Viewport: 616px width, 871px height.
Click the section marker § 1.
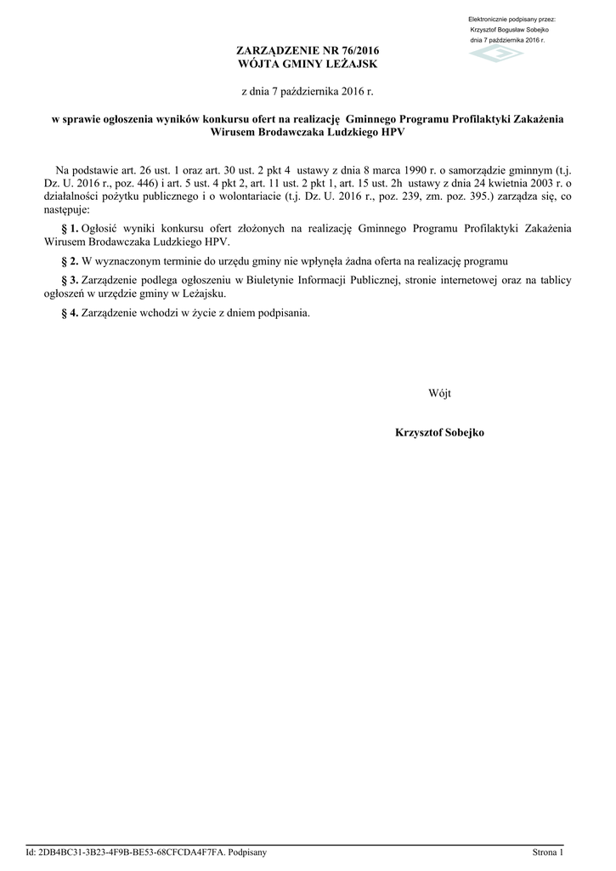tap(71, 228)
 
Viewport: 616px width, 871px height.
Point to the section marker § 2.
tap(71, 259)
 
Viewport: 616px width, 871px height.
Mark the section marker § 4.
tap(71, 312)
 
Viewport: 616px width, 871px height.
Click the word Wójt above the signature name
tap(439, 393)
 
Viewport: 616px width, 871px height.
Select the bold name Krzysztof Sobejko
tap(439, 433)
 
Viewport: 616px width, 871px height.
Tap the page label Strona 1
tap(548, 851)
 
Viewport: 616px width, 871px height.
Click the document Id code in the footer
tap(134, 851)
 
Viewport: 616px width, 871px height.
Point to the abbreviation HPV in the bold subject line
tap(393, 133)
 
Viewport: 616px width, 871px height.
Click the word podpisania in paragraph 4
tap(284, 312)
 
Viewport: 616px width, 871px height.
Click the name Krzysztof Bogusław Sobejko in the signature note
tap(509, 30)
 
